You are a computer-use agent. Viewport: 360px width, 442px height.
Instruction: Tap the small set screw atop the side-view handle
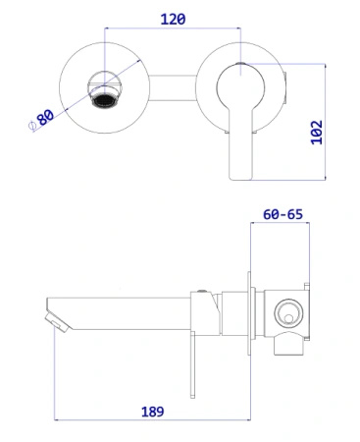tap(200, 292)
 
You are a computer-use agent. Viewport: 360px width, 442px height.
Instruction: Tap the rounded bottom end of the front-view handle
tap(239, 175)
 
